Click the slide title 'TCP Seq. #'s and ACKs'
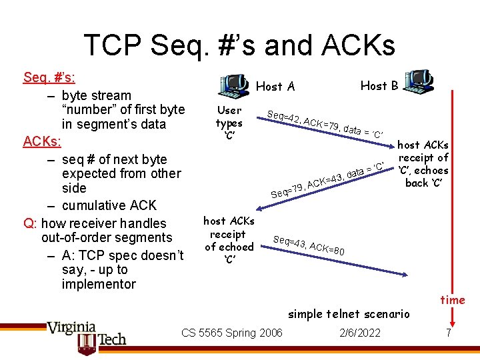coord(239,45)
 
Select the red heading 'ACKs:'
coord(43,141)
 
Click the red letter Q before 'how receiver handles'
coord(28,223)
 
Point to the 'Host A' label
coord(275,86)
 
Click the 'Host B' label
coord(379,85)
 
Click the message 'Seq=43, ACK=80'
coord(308,246)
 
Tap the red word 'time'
coord(453,300)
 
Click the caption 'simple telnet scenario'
coord(349,313)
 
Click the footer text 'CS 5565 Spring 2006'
coord(232,333)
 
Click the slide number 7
coord(449,333)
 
